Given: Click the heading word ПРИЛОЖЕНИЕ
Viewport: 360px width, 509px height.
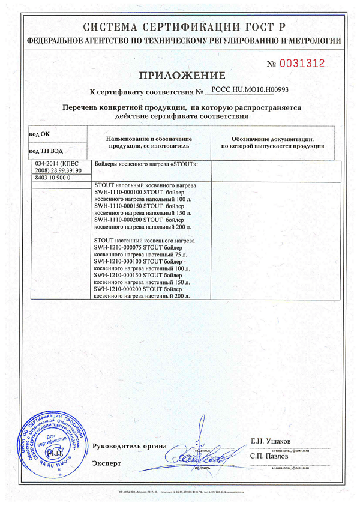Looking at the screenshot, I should (182, 75).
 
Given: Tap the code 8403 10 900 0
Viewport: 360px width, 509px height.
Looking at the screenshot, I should (53, 178).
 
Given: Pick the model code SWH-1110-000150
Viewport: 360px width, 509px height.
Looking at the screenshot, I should (123, 206).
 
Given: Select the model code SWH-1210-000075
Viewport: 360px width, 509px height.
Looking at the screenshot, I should (123, 247).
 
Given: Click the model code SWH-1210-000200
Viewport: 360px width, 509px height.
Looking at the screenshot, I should (123, 289).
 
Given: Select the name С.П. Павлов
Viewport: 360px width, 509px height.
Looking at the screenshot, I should (269, 456).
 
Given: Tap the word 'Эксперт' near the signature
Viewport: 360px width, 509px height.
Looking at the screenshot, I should (107, 463).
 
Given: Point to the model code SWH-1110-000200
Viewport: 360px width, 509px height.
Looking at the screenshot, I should (123, 220).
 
